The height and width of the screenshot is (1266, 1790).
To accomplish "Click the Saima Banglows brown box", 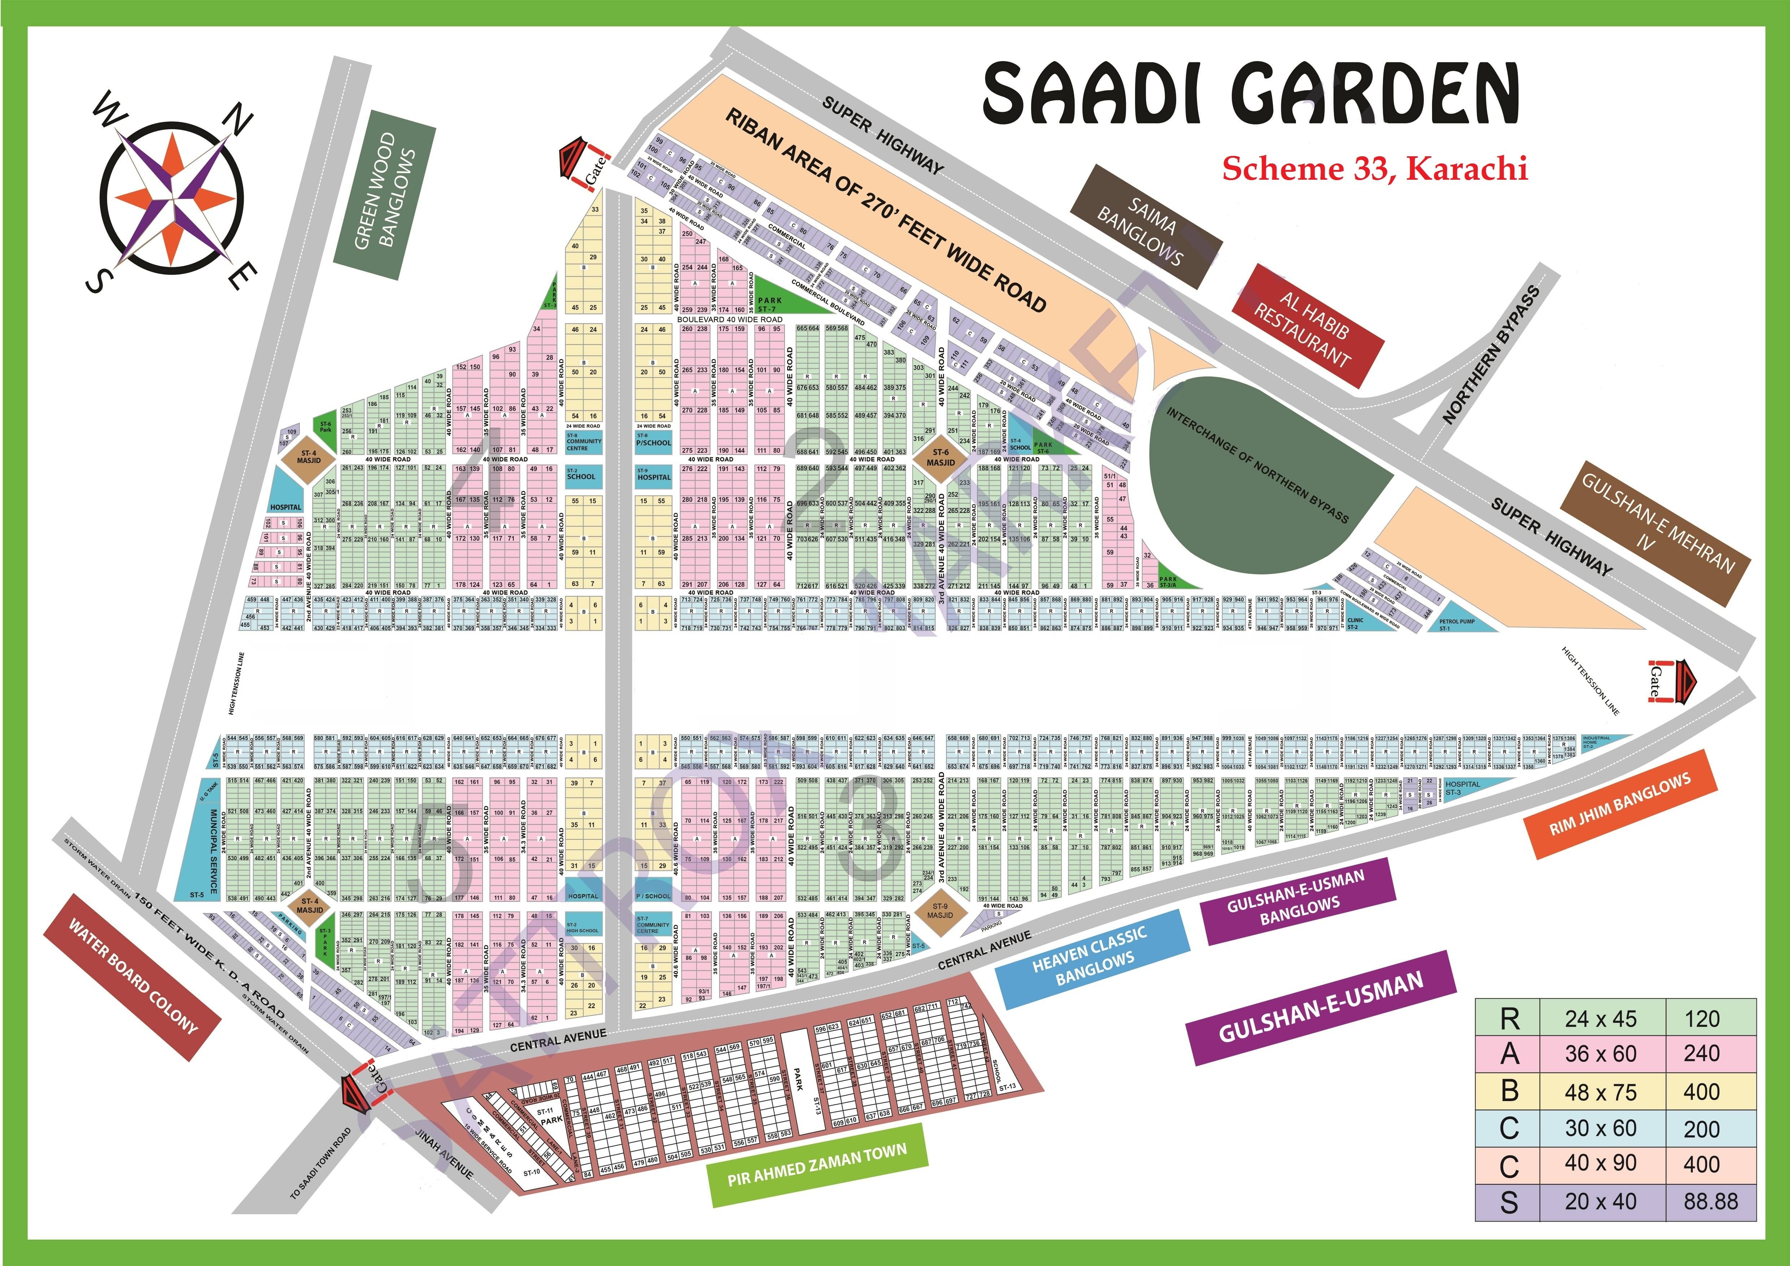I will tap(1144, 226).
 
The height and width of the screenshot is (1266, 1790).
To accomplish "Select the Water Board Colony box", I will tap(132, 977).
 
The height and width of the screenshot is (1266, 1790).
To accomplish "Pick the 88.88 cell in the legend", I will tap(1711, 1201).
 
